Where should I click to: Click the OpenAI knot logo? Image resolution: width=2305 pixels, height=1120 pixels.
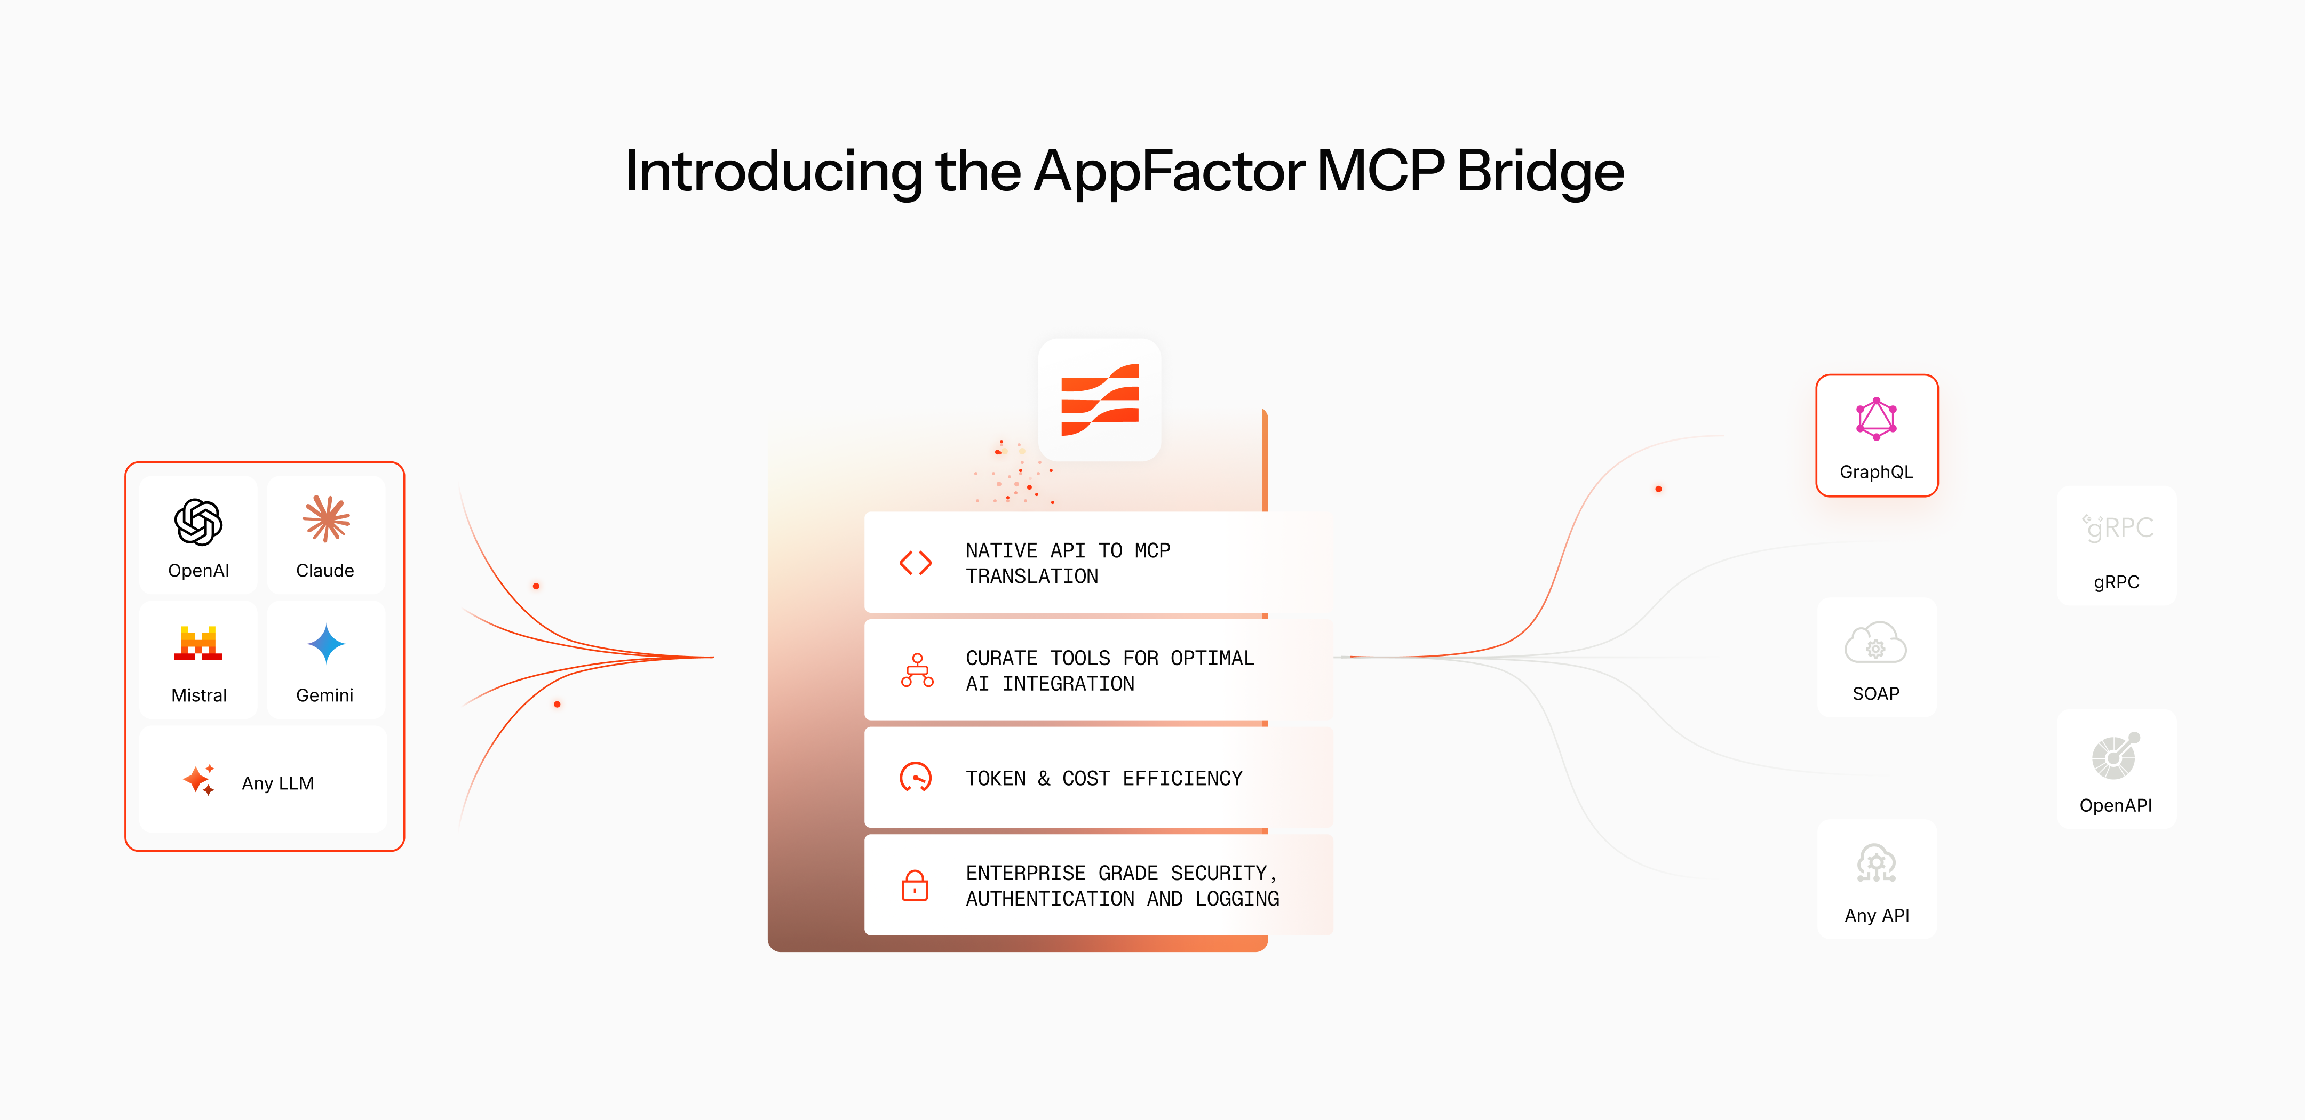tap(198, 522)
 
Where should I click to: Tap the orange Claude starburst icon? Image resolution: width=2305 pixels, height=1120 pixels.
tap(325, 519)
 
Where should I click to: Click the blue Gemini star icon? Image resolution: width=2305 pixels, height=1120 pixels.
tap(325, 643)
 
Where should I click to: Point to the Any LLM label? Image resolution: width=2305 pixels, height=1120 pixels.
tap(277, 783)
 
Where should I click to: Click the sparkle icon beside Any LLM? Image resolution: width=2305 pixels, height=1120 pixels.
tap(198, 780)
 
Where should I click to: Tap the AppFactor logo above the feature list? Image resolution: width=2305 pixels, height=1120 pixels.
tap(1100, 400)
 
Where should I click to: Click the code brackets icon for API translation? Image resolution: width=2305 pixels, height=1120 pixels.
tap(916, 563)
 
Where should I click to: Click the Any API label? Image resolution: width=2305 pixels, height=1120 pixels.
tap(1877, 915)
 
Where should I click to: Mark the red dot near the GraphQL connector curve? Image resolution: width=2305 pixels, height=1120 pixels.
tap(1658, 489)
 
